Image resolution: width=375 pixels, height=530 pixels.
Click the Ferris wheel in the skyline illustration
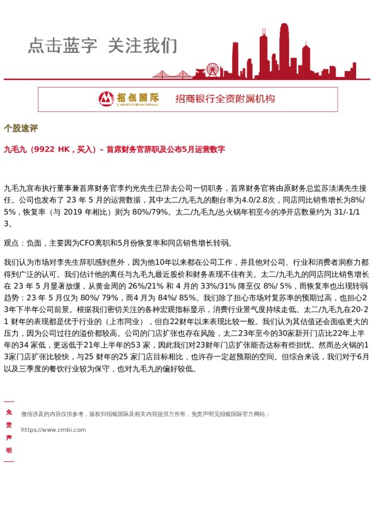(x=212, y=69)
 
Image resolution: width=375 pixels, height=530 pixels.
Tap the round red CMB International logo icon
(x=107, y=99)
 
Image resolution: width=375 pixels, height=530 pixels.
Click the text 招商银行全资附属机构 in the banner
(x=225, y=99)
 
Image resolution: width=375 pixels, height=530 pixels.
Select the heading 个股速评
(x=21, y=129)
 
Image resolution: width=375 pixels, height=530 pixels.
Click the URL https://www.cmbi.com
(x=54, y=430)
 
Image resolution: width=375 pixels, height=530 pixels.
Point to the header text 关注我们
(x=142, y=46)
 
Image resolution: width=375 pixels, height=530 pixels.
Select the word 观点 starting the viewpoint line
(x=11, y=242)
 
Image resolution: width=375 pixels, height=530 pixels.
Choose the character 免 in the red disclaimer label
(x=9, y=412)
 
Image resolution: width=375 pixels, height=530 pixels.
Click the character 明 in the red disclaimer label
(x=9, y=451)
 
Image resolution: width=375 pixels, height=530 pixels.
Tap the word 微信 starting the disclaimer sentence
(x=26, y=414)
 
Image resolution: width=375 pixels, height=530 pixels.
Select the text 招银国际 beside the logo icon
(x=137, y=98)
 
